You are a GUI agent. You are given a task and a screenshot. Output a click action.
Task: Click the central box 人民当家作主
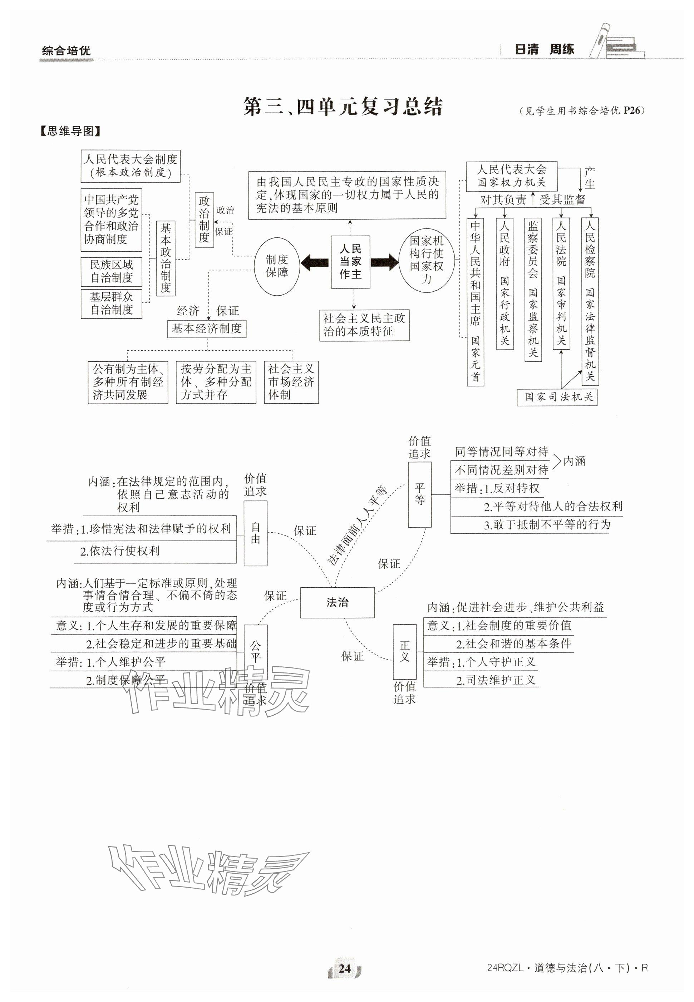(x=350, y=262)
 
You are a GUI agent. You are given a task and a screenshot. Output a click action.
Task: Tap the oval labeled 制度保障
(x=277, y=266)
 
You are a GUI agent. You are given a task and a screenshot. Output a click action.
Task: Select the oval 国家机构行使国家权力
(x=427, y=260)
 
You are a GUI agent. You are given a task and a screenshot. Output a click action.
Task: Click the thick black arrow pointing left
(x=314, y=262)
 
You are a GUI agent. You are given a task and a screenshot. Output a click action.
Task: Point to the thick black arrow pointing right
(x=385, y=262)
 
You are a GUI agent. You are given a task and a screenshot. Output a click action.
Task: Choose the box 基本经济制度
(x=207, y=329)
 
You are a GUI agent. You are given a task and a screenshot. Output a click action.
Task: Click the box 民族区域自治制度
(x=111, y=271)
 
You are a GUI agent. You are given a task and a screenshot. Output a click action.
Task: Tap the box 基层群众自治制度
(x=111, y=303)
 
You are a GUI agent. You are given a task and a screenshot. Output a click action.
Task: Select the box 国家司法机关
(x=557, y=397)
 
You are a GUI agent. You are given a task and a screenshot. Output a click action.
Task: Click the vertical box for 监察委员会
(x=533, y=290)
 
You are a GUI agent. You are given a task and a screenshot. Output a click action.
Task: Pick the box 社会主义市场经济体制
(x=291, y=382)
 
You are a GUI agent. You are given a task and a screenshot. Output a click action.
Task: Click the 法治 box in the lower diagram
(x=337, y=602)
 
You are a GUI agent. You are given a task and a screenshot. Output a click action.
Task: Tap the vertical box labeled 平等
(x=420, y=494)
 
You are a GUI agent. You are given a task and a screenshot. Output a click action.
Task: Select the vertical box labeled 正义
(x=405, y=651)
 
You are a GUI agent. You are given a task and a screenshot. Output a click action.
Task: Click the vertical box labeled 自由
(x=255, y=533)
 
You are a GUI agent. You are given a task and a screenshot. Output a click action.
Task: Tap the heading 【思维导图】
(x=70, y=131)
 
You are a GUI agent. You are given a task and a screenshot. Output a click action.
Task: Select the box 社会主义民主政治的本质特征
(x=364, y=325)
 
